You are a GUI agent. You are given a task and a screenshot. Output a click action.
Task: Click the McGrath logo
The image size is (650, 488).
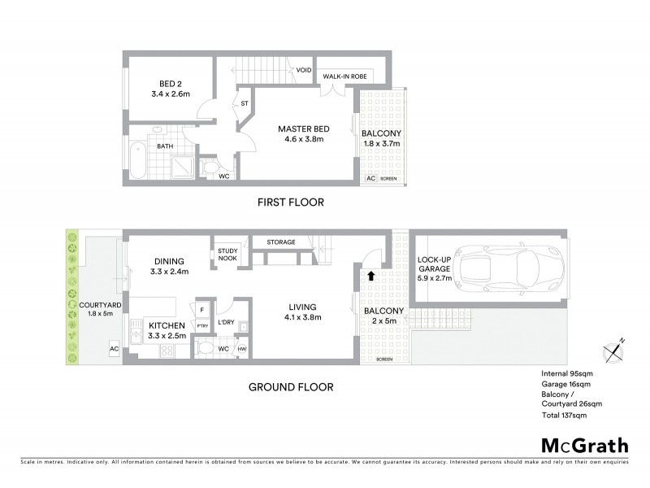coord(584,445)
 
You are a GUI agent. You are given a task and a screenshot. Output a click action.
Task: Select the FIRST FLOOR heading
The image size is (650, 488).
coord(290,203)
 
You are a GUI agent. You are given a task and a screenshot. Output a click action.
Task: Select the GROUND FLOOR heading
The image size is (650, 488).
coord(290,387)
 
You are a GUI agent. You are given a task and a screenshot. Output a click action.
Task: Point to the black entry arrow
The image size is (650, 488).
coord(370,277)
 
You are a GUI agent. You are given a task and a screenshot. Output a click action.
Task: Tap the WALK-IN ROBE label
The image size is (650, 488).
coord(345,76)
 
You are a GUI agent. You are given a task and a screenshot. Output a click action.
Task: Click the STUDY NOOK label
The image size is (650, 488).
coord(227,255)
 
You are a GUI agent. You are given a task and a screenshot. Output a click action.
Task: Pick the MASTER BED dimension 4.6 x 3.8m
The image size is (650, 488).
coord(301,140)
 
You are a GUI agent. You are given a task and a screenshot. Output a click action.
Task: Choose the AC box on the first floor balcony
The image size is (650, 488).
coord(370,177)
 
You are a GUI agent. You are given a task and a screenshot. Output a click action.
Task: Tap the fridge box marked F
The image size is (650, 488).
coord(201,310)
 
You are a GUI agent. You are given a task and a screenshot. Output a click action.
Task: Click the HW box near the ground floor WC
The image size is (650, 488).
coord(241,350)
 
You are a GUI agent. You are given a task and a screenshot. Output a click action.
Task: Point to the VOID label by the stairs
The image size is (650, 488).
coord(304,70)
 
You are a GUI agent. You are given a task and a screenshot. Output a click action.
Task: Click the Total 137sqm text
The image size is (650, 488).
coord(563,415)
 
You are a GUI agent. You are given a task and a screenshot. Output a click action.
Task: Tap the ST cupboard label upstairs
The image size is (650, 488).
coord(244,103)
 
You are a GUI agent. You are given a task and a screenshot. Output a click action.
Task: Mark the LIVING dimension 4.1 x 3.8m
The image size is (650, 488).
coord(301,317)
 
